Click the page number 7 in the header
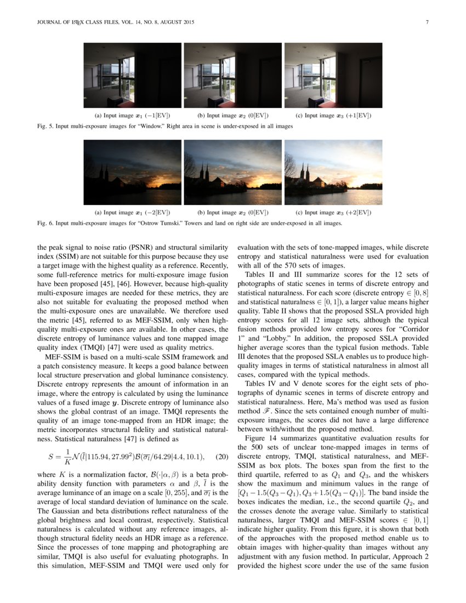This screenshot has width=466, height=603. [x=426, y=22]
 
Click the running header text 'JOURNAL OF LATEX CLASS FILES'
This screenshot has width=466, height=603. [x=76, y=22]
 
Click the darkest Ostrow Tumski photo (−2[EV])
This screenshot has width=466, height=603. [x=132, y=172]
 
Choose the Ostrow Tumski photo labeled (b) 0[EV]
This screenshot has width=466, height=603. [x=232, y=172]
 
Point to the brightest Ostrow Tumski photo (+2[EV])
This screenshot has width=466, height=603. [x=333, y=172]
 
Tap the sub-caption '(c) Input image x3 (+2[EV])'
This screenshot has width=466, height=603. [x=333, y=212]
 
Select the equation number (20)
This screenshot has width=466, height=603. [x=221, y=457]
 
